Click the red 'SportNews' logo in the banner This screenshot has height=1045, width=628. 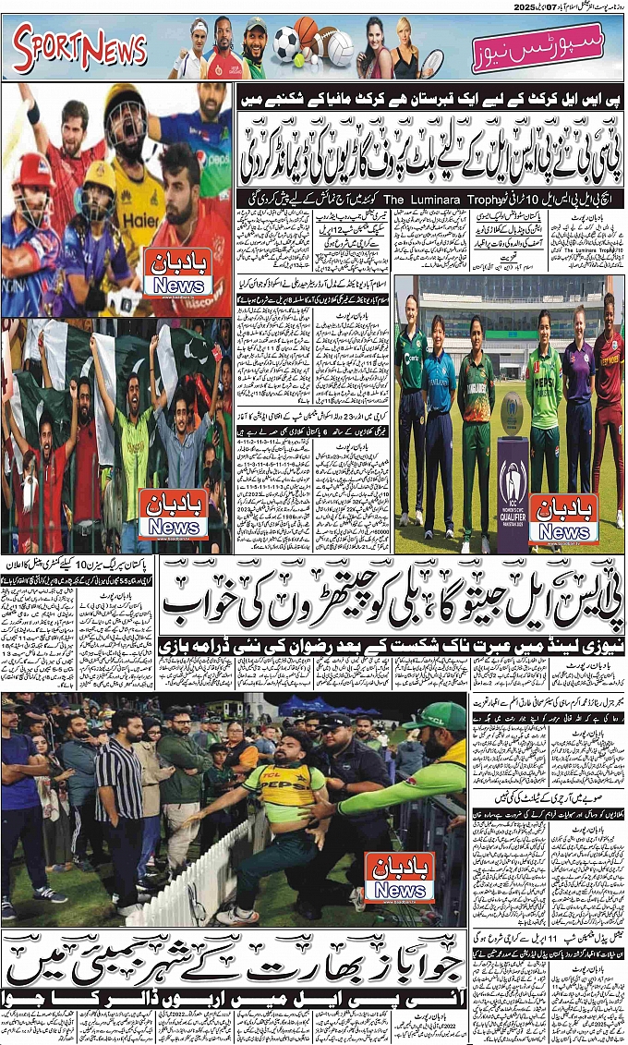(80, 49)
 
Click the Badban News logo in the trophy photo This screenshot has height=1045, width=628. (564, 520)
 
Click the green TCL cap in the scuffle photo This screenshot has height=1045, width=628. (435, 716)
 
